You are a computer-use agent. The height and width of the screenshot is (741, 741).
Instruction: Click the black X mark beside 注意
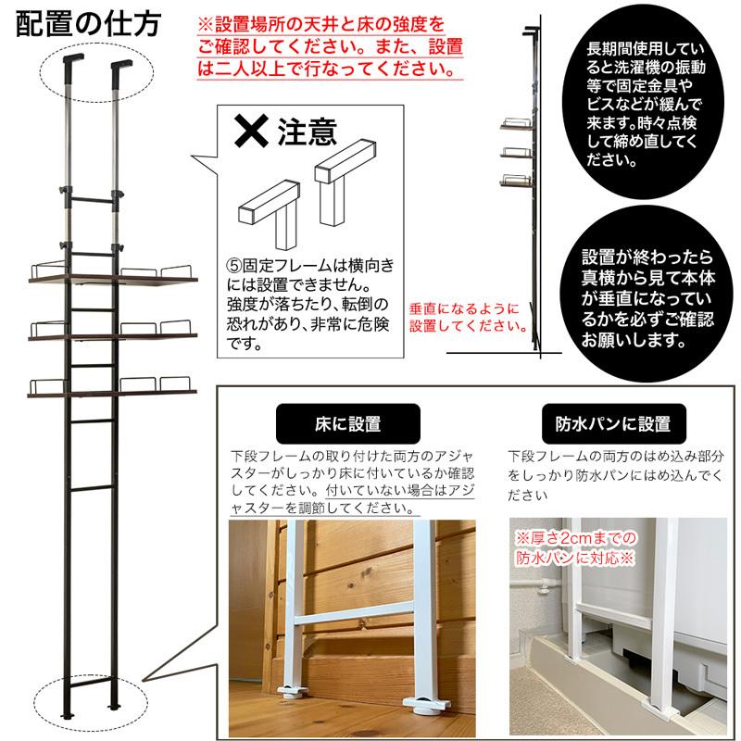(x=249, y=132)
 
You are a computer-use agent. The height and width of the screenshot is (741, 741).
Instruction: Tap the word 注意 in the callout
(x=307, y=132)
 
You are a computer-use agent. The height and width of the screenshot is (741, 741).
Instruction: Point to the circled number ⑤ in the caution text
(x=234, y=267)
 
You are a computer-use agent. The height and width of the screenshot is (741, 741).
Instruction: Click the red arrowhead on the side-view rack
(x=526, y=327)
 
